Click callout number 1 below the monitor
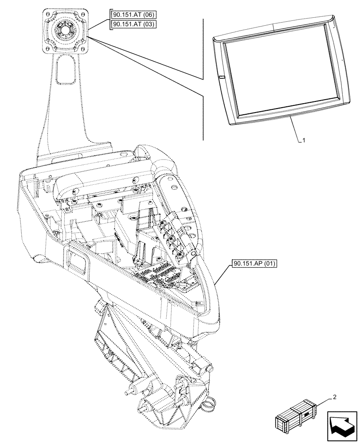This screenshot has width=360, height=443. tap(304, 140)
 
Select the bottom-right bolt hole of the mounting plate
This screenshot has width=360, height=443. tap(84, 48)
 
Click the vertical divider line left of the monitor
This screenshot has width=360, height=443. tap(203, 80)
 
